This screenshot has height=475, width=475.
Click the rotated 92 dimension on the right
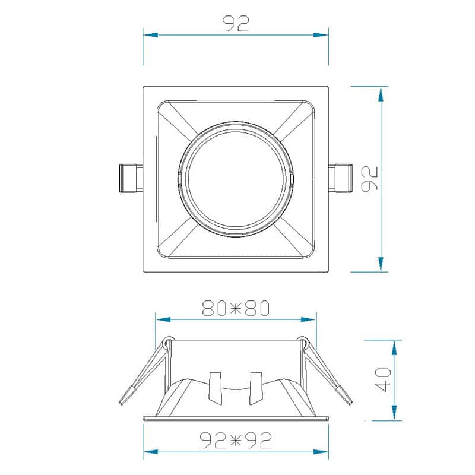(370, 179)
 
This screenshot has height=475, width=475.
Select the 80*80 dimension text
(236, 308)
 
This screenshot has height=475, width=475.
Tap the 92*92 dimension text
(236, 440)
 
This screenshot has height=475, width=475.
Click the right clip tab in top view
(341, 179)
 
